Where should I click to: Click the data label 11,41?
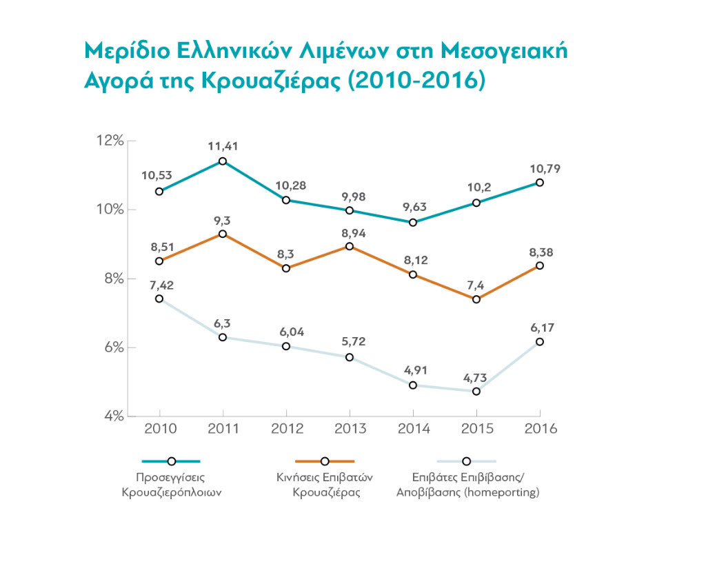click(223, 145)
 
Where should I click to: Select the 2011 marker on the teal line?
click(223, 161)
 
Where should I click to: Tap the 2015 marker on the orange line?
click(476, 299)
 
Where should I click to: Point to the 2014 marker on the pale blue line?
click(413, 385)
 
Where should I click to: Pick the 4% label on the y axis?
click(111, 416)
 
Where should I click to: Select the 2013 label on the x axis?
click(350, 429)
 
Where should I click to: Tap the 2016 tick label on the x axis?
click(540, 429)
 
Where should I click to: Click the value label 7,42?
click(159, 283)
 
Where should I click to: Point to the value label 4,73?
click(476, 376)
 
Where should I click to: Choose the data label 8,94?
click(350, 232)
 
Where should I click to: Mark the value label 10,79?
click(540, 168)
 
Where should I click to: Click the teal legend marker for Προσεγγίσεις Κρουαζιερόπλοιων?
click(171, 461)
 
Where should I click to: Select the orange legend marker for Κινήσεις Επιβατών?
click(324, 461)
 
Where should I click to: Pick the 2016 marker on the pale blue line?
click(540, 342)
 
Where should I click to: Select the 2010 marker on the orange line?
click(159, 261)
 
